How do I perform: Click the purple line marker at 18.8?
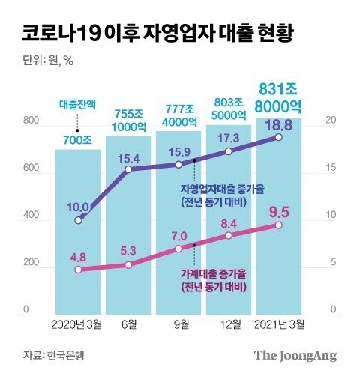[x=279, y=137]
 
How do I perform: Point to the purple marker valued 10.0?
[x=78, y=220]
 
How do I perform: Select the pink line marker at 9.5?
[x=279, y=225]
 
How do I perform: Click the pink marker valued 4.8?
[x=78, y=270]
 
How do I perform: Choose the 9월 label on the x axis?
[x=178, y=324]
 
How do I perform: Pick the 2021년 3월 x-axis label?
[x=279, y=324]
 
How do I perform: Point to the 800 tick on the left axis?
[x=30, y=121]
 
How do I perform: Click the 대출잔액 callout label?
[x=78, y=106]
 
